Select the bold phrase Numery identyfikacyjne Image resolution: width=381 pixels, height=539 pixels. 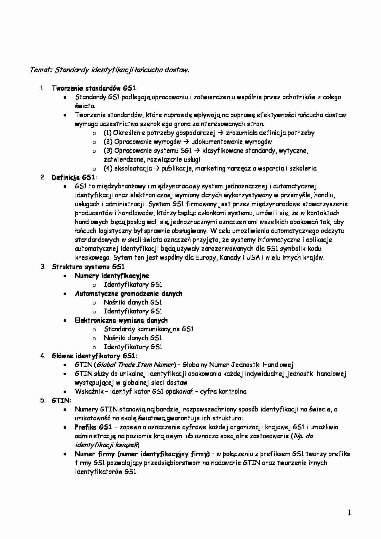point(112,276)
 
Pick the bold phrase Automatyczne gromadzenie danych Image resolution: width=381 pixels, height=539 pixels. point(128,293)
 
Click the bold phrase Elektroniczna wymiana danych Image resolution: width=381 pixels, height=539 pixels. point(121,320)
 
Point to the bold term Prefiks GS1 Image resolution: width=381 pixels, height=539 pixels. point(93,427)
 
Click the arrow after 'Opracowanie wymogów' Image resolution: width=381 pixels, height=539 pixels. point(186,142)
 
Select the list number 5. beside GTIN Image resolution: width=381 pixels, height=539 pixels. point(43,400)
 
